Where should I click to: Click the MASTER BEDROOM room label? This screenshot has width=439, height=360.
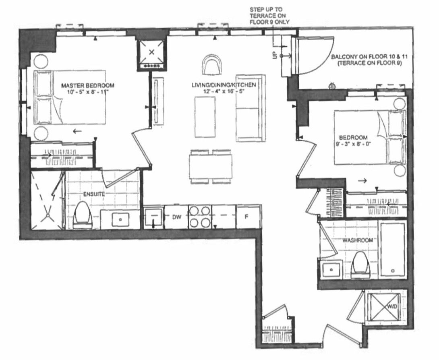tap(88, 85)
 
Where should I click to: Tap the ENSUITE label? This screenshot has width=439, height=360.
tap(94, 194)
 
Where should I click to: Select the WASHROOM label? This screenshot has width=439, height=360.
tap(358, 240)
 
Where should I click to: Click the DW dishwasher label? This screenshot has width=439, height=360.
tap(175, 217)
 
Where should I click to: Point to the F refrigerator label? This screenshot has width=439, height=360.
tap(246, 216)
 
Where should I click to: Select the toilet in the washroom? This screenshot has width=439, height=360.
tap(360, 265)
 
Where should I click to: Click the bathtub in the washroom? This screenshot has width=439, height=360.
tap(393, 249)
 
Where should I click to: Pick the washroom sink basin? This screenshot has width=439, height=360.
tap(331, 270)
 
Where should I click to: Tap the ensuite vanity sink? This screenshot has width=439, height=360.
tap(120, 219)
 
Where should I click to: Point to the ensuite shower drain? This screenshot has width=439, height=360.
tap(48, 215)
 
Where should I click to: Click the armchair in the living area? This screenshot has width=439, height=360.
tap(212, 65)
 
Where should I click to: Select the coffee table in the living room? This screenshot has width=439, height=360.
tap(205, 117)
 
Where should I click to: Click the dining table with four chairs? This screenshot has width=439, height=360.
tap(211, 167)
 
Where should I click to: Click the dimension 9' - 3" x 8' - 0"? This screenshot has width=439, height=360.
tap(353, 144)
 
